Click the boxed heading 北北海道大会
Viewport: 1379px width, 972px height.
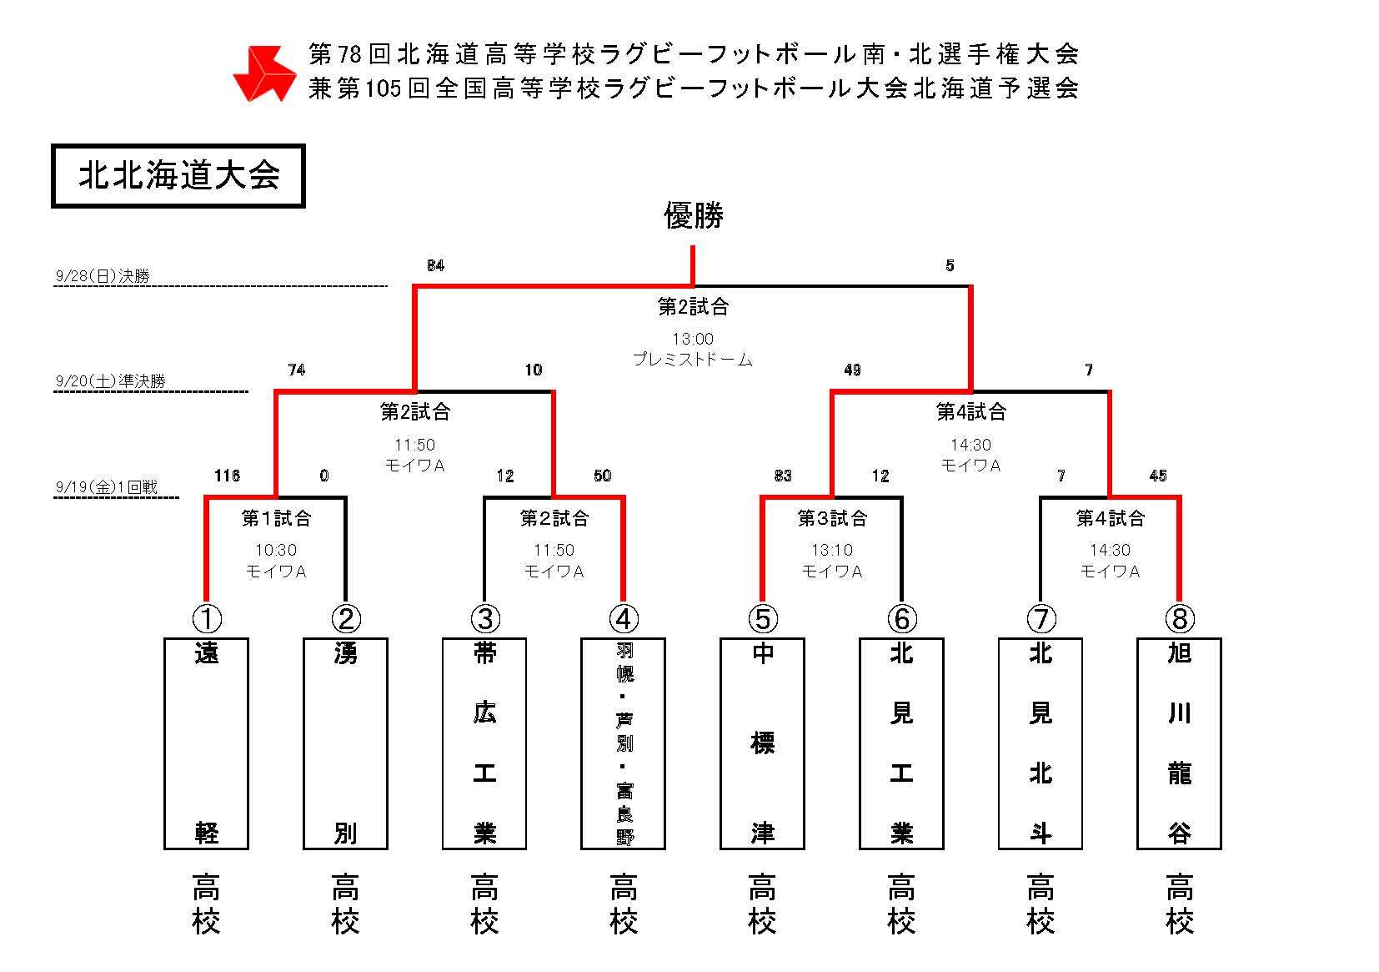pos(178,176)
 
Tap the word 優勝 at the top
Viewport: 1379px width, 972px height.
pos(693,215)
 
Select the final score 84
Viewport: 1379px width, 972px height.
pos(435,265)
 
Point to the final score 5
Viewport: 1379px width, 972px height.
pos(950,265)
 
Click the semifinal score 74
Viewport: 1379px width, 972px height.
pos(296,370)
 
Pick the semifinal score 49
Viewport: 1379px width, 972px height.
pos(852,370)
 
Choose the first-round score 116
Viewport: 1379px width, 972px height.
pos(227,476)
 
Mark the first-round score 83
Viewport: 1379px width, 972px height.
pos(783,476)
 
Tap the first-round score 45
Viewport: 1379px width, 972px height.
pos(1158,476)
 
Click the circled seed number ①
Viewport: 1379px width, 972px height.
pos(207,619)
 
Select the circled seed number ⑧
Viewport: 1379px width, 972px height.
pos(1179,619)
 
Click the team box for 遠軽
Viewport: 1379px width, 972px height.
pos(207,743)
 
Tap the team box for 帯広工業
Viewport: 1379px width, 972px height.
pos(484,743)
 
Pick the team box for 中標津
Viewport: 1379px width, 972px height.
pos(762,743)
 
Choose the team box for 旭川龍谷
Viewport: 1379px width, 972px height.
pos(1179,743)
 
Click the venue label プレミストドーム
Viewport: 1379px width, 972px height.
pos(693,360)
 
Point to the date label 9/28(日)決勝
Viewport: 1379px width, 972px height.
pos(103,276)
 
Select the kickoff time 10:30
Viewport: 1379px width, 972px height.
pos(276,550)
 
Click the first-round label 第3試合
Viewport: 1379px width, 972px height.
pos(832,518)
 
